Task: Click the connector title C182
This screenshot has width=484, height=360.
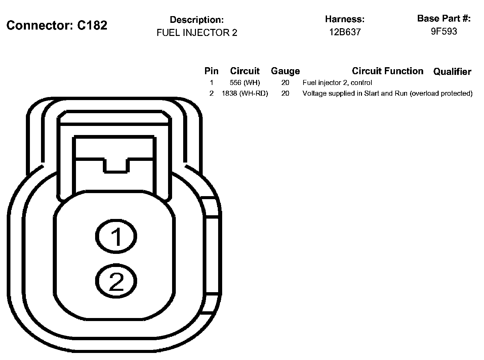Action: [57, 25]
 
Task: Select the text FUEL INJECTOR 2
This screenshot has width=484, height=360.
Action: [197, 33]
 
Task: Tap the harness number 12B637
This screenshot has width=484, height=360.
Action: [345, 32]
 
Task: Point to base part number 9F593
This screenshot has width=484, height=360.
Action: [444, 31]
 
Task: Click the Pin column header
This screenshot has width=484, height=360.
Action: [211, 71]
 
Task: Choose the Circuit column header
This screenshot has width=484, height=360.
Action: [245, 71]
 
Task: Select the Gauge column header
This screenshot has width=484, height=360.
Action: [285, 71]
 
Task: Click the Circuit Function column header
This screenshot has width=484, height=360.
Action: [388, 71]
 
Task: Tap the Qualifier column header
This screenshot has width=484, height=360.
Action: [452, 72]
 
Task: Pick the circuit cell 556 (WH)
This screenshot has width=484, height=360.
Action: [245, 83]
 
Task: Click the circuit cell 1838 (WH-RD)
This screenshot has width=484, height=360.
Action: [245, 93]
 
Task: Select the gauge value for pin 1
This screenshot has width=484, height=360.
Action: [285, 83]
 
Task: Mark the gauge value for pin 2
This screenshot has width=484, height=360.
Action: [285, 93]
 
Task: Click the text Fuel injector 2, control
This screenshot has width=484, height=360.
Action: [337, 83]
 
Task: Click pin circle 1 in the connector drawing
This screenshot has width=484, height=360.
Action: [116, 236]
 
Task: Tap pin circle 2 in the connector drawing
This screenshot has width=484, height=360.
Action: [116, 281]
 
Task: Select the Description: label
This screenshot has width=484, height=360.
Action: [197, 20]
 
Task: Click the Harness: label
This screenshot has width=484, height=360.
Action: [345, 19]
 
